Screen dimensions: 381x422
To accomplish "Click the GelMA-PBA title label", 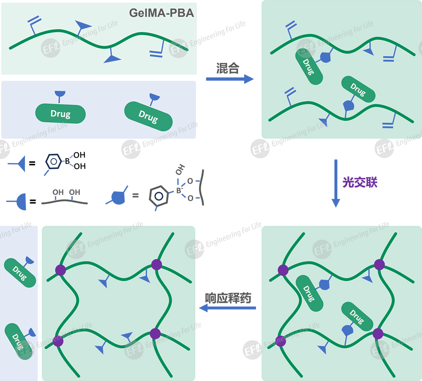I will pos(162,13).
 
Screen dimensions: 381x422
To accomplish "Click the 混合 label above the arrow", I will pos(228,69).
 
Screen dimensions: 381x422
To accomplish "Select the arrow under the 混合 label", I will pos(230,79).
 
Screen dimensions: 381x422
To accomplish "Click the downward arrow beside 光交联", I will pos(336,183).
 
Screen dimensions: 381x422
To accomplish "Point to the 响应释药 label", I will pos(228,298).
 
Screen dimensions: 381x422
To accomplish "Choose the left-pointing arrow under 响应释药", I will pos(227,308).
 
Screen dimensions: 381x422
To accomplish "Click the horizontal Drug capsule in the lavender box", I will pos(61,114).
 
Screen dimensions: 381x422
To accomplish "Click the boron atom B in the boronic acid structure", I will pos(67,161).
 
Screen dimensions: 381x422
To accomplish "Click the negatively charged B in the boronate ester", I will pos(179,191).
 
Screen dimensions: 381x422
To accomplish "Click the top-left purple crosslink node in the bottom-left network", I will pos(61,270).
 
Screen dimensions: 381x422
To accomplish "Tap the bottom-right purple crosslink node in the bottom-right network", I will pos(377,334).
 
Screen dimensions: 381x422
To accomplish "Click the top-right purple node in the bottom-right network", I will pos(379,265).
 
